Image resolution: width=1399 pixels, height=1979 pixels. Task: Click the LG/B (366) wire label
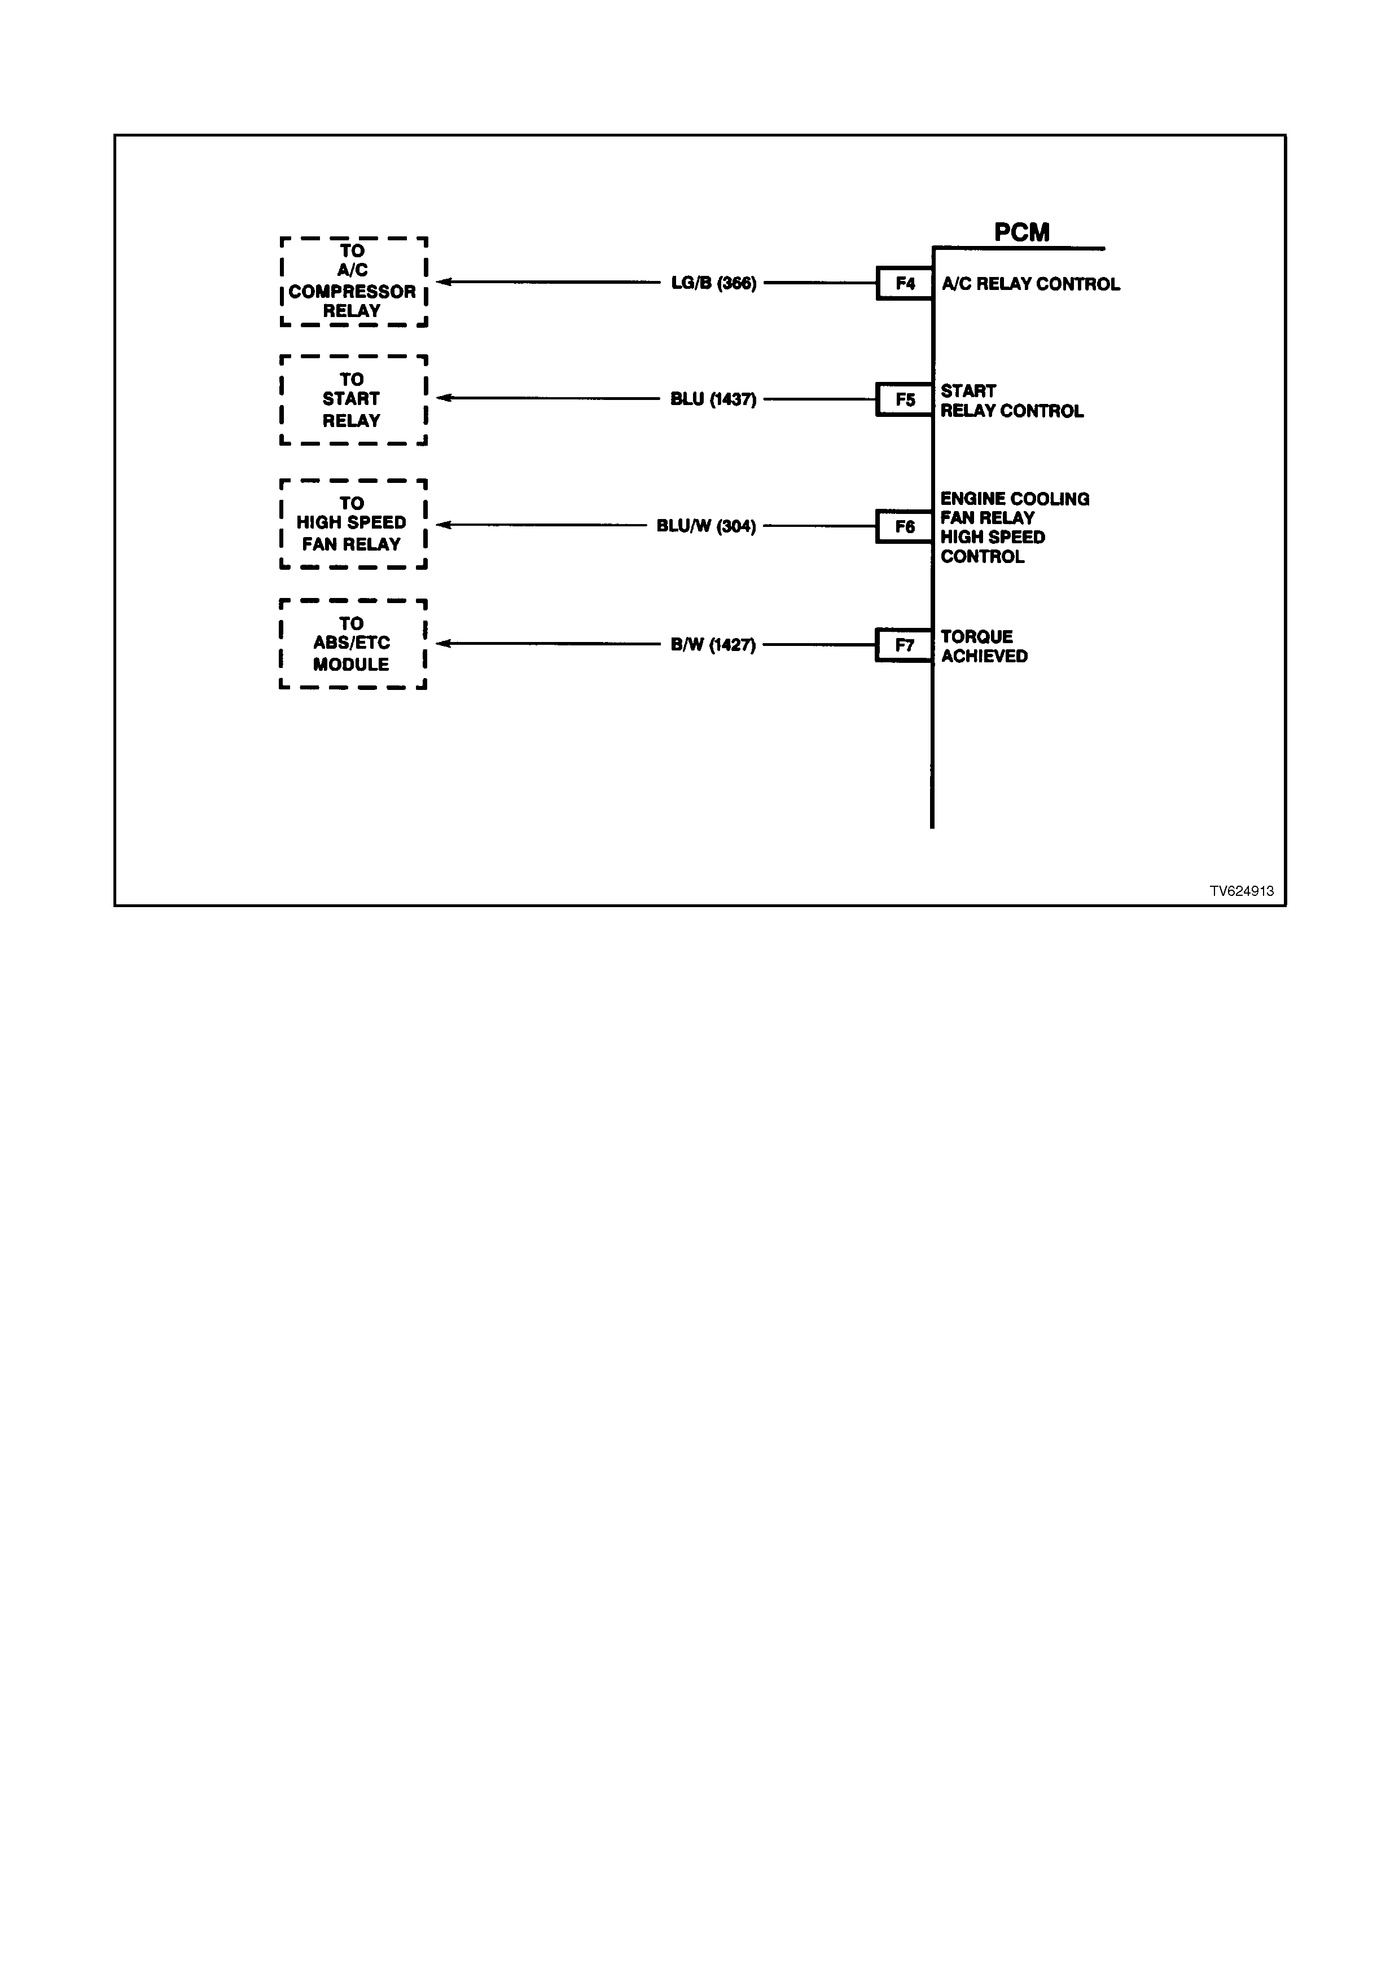[714, 283]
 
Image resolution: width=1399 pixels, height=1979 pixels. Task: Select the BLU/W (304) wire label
[706, 526]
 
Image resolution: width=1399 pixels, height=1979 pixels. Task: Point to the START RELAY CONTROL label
[1012, 401]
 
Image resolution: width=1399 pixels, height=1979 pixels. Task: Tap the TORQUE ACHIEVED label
[984, 647]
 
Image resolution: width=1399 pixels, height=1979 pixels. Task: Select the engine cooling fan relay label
[1015, 527]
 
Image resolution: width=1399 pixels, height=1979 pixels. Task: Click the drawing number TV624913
[1241, 891]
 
